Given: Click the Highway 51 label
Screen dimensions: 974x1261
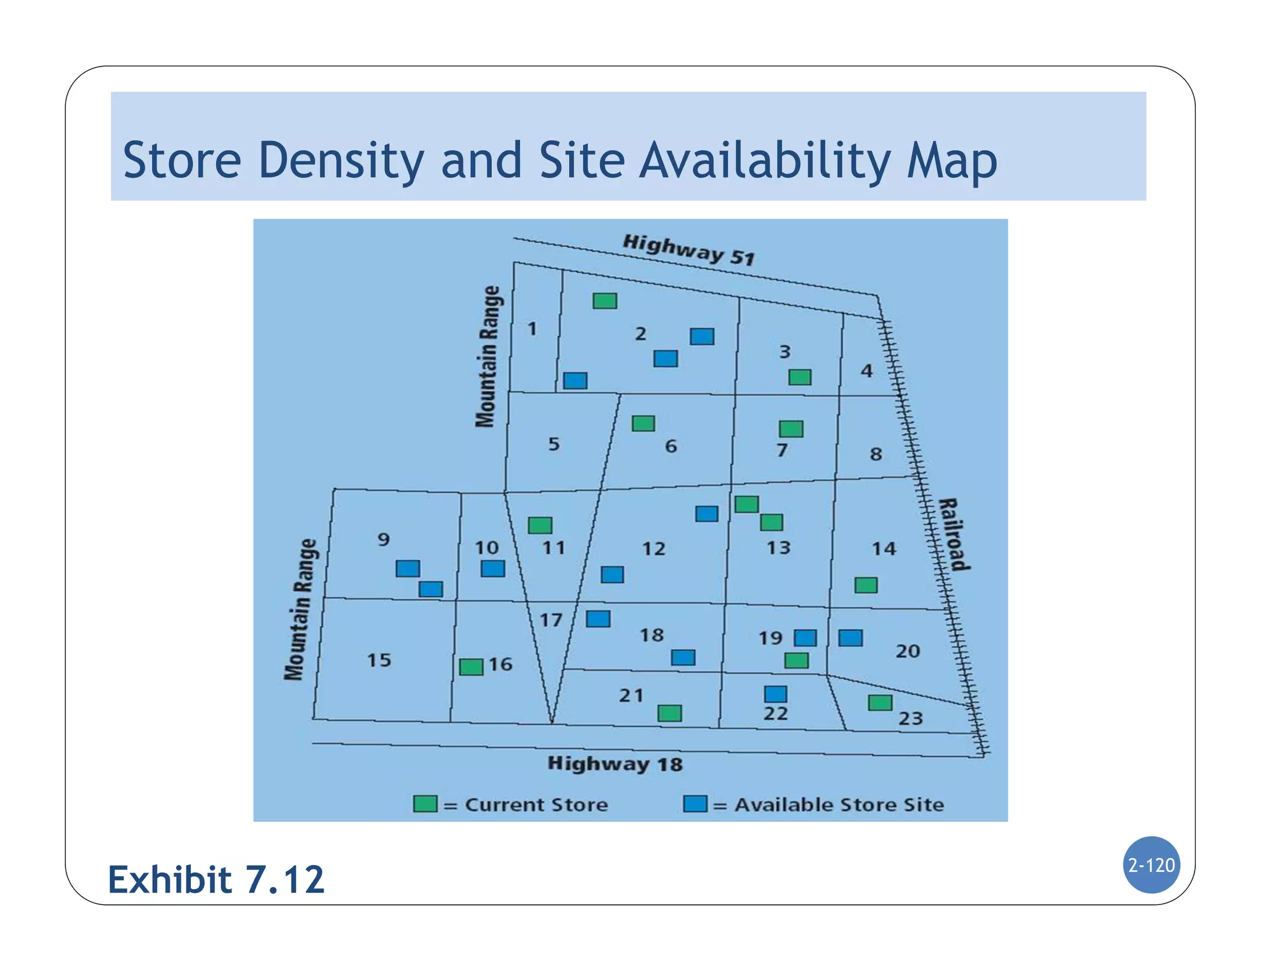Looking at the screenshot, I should (x=688, y=250).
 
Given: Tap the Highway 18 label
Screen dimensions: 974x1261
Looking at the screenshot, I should (x=615, y=764).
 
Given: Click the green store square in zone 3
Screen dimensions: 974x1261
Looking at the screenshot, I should (x=800, y=377).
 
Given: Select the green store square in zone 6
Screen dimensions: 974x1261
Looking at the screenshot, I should (x=643, y=424).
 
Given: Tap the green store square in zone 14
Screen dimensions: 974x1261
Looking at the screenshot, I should (x=866, y=585).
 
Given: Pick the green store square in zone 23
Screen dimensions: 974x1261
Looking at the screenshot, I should (x=880, y=702).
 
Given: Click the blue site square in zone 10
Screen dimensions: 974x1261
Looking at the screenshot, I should (x=493, y=568).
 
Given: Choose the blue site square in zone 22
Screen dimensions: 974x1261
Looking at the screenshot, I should (x=775, y=694).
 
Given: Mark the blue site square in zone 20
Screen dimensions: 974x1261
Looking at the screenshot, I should (x=850, y=638).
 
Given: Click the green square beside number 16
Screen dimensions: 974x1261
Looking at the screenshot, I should (x=471, y=667).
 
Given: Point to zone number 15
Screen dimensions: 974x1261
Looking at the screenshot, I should (x=379, y=660).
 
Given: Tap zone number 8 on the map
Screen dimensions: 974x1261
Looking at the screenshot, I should (x=876, y=454).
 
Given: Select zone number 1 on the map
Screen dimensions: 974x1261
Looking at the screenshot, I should (x=532, y=329).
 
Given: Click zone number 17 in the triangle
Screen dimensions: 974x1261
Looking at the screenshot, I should (x=551, y=619).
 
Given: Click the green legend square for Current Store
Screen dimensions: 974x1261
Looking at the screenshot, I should (x=425, y=803).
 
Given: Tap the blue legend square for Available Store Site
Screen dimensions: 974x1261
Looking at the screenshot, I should (x=695, y=803).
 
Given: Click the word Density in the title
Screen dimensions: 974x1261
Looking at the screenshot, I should (x=341, y=161).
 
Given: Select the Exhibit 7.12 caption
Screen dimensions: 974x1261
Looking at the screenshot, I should (x=216, y=879).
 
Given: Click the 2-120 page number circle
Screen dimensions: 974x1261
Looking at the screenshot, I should (x=1151, y=865).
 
